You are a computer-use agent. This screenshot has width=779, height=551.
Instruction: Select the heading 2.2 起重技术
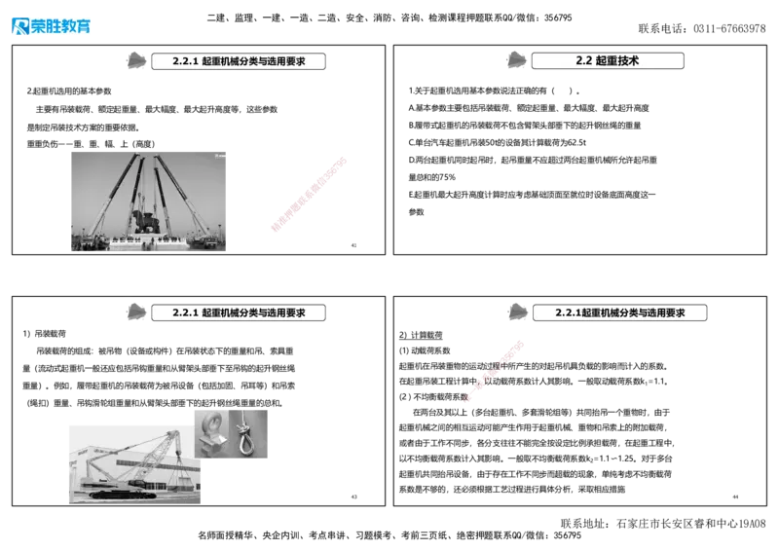tap(607, 60)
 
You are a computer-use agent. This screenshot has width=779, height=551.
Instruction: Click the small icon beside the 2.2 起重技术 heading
tap(516, 59)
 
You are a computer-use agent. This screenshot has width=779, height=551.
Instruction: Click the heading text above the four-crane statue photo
tap(239, 60)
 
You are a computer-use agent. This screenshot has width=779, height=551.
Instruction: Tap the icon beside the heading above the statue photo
tap(137, 59)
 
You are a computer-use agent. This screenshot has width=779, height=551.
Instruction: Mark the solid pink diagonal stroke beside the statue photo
tap(308, 195)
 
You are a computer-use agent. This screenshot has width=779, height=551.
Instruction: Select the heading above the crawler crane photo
tap(239, 312)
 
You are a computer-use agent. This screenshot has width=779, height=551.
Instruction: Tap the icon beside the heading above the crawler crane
tap(137, 312)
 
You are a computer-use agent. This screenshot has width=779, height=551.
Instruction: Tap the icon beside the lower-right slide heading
tap(518, 312)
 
